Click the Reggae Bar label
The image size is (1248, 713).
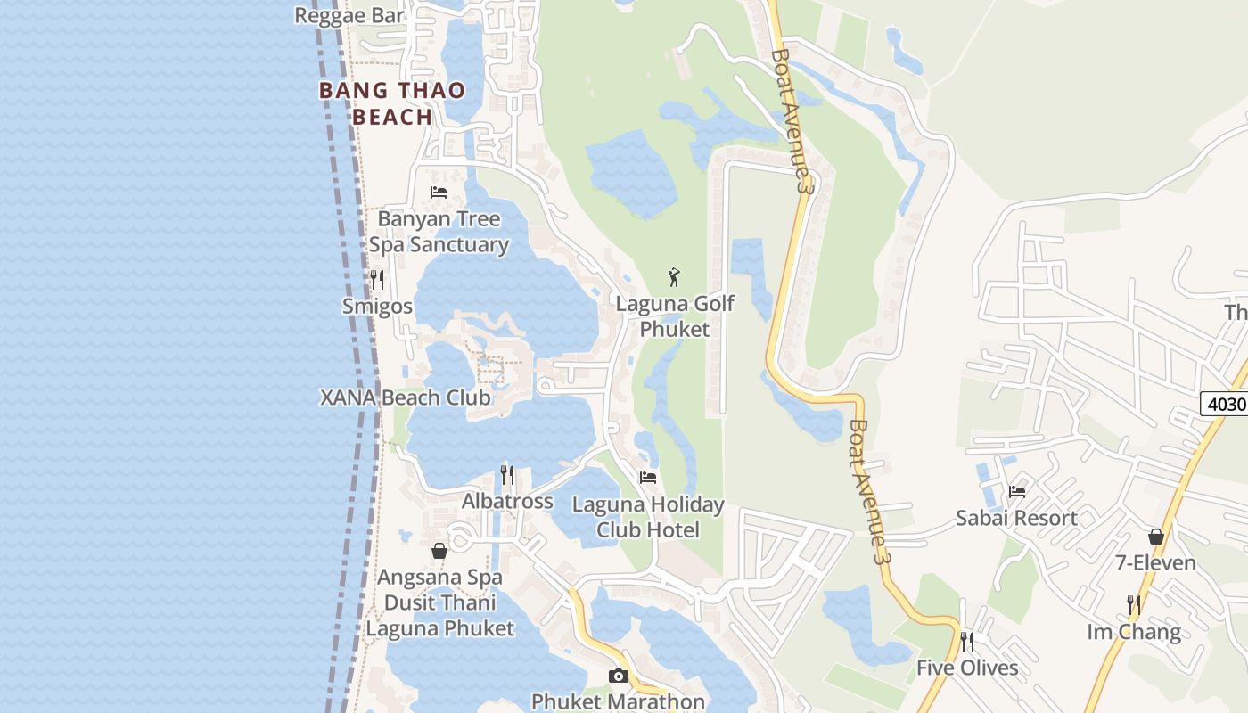349,15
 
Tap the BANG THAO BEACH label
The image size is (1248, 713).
392,103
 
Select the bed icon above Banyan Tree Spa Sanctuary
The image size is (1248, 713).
439,193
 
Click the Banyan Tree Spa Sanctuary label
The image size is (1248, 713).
439,232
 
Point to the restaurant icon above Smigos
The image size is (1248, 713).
377,280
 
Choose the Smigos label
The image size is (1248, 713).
377,307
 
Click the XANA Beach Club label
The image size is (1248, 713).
406,397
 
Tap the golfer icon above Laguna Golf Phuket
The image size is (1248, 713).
675,277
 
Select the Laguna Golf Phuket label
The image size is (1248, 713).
675,316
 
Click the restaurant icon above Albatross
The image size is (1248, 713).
507,475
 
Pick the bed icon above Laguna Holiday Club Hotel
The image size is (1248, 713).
648,478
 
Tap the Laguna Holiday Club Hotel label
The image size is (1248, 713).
648,518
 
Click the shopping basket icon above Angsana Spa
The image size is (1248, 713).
439,551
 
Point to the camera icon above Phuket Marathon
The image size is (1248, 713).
619,676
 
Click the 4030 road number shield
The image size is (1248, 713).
1224,404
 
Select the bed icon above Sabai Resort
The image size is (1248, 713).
1016,491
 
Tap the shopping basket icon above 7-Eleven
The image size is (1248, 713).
1156,537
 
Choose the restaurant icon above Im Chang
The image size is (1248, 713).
1134,605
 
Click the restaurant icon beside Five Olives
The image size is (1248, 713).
967,642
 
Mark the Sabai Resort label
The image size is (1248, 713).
1016,518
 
